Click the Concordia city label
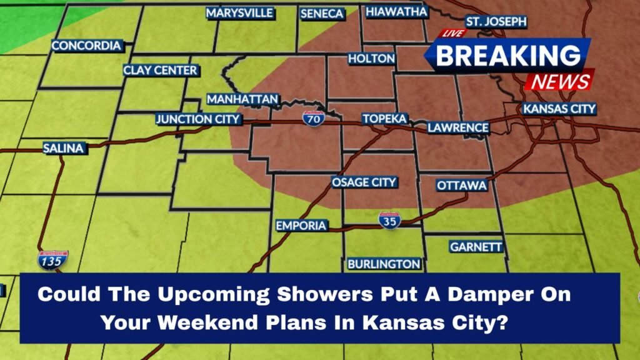click(x=86, y=46)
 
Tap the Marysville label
click(x=239, y=13)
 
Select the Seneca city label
click(x=322, y=14)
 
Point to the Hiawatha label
click(x=396, y=12)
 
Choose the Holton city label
click(x=371, y=59)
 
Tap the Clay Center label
click(x=160, y=71)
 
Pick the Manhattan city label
click(x=242, y=99)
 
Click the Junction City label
click(x=197, y=119)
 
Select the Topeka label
click(x=384, y=118)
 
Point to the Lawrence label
click(x=458, y=127)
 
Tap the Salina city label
click(x=63, y=148)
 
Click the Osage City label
click(x=364, y=182)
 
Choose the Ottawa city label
click(x=462, y=186)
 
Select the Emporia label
click(x=301, y=226)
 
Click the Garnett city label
click(x=476, y=247)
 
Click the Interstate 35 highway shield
click(x=389, y=220)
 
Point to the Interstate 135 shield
click(x=52, y=260)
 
